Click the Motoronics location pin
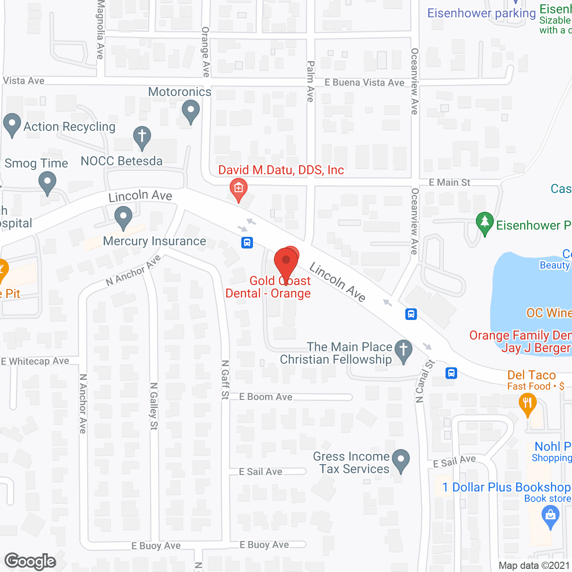[191, 111]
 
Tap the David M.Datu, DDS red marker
[238, 189]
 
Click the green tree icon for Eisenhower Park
[484, 223]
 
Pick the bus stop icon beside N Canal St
[451, 373]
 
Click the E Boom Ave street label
[266, 397]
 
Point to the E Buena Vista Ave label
[364, 83]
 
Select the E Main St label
[450, 182]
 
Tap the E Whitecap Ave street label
[35, 361]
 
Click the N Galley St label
[154, 406]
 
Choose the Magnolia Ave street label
[101, 29]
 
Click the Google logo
[30, 561]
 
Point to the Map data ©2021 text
[534, 566]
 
